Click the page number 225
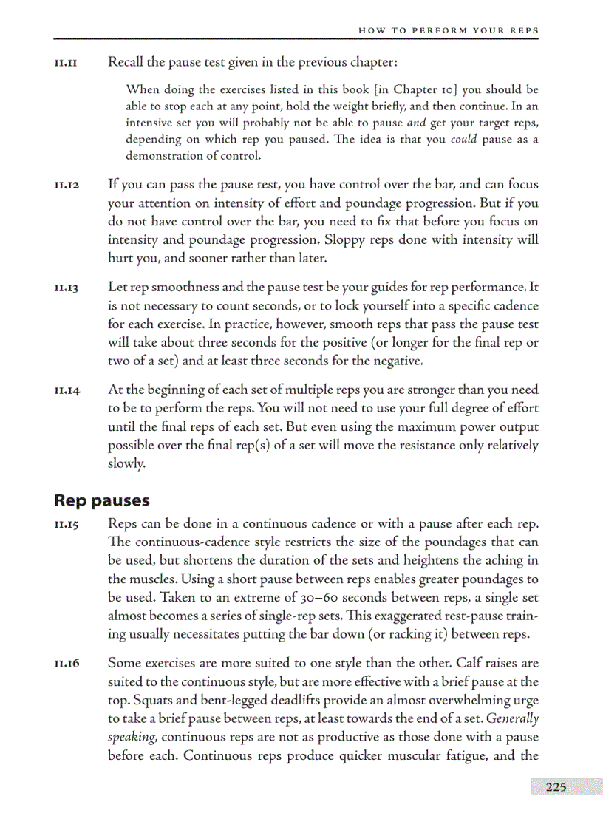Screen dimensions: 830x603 pyautogui.click(x=556, y=787)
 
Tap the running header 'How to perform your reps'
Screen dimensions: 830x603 pyautogui.click(x=448, y=30)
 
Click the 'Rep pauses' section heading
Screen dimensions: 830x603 pyautogui.click(x=102, y=500)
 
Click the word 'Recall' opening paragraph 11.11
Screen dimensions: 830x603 pyautogui.click(x=126, y=62)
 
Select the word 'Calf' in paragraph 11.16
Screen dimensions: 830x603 pyautogui.click(x=469, y=663)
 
